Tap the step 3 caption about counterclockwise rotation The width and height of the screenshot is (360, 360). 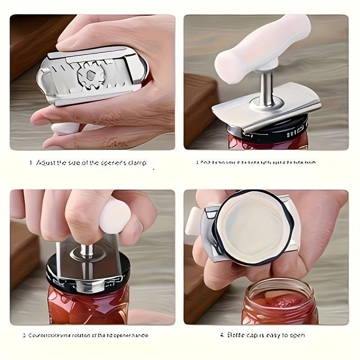85,335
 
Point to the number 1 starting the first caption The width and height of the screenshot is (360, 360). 31,163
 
